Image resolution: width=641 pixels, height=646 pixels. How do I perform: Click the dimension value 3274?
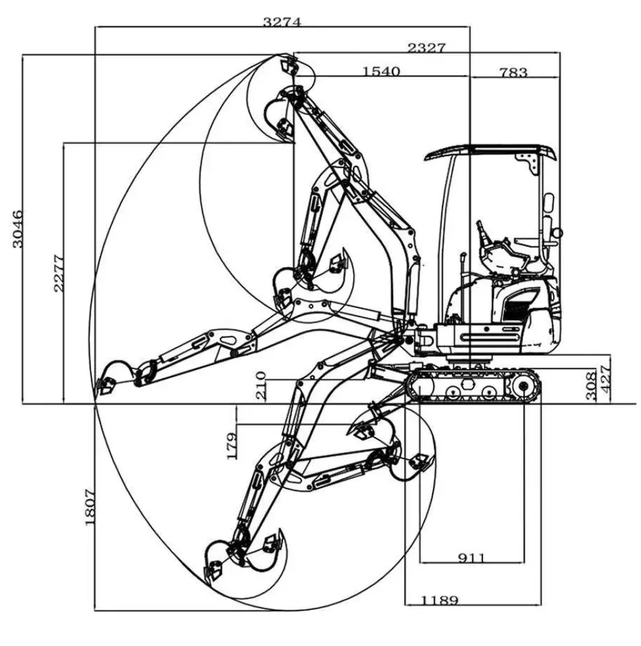(x=282, y=21)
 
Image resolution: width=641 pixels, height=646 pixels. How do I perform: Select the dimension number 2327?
(x=426, y=48)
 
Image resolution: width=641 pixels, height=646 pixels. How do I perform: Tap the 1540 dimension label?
(x=381, y=71)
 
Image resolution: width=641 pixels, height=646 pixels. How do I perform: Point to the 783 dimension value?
(x=513, y=71)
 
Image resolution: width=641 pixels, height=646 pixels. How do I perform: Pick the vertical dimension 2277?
(x=59, y=273)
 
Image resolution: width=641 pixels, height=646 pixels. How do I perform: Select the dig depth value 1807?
(x=91, y=507)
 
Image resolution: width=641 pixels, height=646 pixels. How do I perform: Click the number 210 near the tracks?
(x=261, y=385)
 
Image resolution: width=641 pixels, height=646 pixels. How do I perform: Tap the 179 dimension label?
(x=231, y=446)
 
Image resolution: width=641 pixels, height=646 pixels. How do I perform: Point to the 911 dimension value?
(x=472, y=558)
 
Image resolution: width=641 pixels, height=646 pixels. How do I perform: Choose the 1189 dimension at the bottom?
(x=439, y=600)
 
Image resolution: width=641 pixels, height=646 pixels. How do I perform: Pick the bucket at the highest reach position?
(x=289, y=66)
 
